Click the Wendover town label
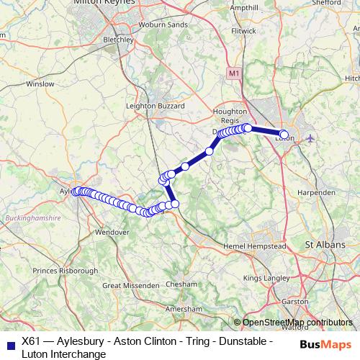[x=112, y=233]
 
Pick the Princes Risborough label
[x=66, y=271]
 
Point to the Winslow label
[x=40, y=84]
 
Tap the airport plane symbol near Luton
[x=310, y=137]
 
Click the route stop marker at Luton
[x=284, y=134]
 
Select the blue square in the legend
[x=9, y=343]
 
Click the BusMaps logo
[x=326, y=343]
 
